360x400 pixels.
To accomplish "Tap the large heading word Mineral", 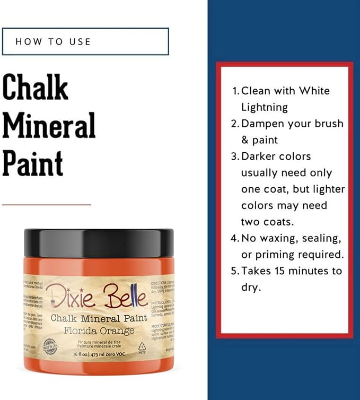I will tap(49, 125).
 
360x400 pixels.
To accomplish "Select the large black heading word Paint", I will tap(33, 163).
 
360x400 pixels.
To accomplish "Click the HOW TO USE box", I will tap(85, 41).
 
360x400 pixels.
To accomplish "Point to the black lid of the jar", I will tap(99, 241).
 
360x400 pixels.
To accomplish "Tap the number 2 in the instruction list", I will tap(235, 124).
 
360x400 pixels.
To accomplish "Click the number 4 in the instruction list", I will tap(235, 238).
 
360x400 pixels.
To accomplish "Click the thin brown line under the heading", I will tap(47, 204).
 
